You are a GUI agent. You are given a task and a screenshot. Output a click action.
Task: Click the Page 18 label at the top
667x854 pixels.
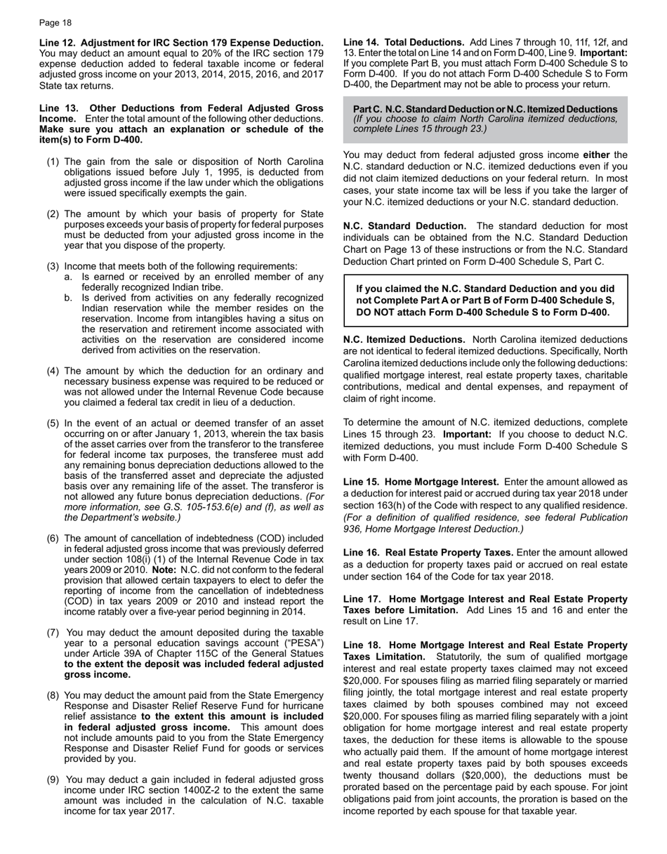[55, 22]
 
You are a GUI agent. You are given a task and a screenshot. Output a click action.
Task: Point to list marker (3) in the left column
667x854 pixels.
[53, 266]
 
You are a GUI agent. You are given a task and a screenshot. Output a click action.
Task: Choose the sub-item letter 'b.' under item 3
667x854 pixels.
[68, 298]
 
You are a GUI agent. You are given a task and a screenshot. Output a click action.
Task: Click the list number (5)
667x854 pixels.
[53, 423]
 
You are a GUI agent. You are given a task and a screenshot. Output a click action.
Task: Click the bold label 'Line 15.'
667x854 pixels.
[362, 482]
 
